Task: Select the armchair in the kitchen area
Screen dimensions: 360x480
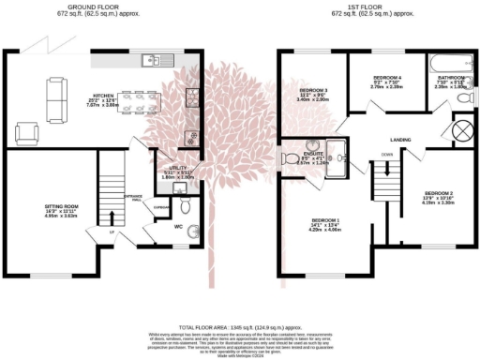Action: pos(29,130)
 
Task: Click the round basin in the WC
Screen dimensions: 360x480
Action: pos(194,231)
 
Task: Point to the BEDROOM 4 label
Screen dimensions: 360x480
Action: pos(387,80)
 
